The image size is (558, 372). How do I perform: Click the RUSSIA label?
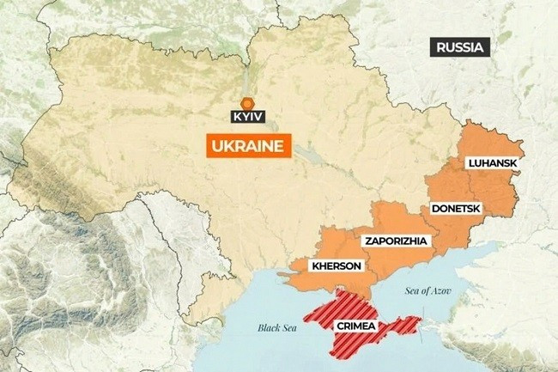click(x=460, y=47)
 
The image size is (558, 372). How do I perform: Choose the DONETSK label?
click(x=455, y=209)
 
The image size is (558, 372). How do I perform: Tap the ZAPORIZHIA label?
click(x=395, y=240)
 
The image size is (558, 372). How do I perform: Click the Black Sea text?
click(x=278, y=327)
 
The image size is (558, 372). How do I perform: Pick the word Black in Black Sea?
click(x=269, y=327)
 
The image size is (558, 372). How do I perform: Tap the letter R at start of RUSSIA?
click(x=440, y=47)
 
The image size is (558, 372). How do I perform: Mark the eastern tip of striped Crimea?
click(x=419, y=322)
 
